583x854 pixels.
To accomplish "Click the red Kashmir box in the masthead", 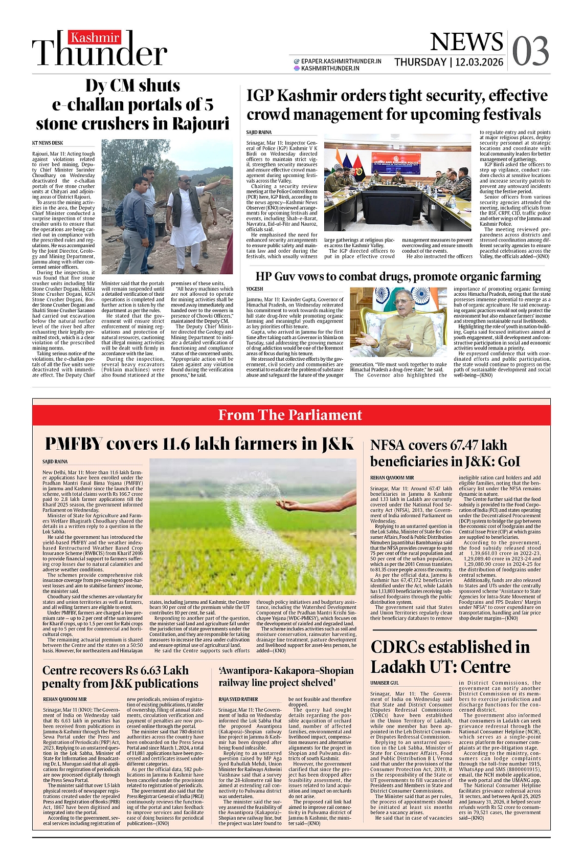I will [95, 37].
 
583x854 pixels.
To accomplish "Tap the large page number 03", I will [530, 51].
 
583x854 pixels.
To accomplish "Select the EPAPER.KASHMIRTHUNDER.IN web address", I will [341, 61].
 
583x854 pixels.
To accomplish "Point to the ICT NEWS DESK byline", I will [48, 143].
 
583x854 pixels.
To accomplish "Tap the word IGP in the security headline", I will [263, 96].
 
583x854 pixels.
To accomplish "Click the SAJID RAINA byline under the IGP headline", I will [259, 133].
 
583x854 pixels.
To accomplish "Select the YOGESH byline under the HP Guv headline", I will [255, 289].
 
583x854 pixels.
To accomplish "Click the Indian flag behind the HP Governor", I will [379, 302].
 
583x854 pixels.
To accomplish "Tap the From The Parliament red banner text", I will [290, 415].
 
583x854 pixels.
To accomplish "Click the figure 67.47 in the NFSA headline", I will [465, 445].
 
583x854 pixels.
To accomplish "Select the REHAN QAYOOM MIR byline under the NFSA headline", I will [392, 477].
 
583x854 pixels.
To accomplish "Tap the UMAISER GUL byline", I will [385, 683].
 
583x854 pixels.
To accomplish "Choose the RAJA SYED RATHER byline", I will [238, 699].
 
